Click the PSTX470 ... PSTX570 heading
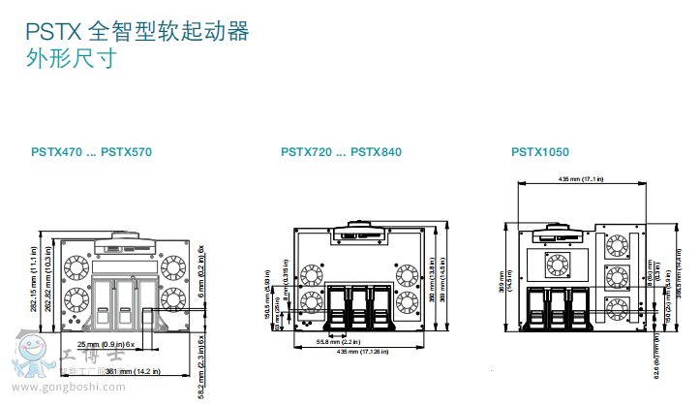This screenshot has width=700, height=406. (91, 152)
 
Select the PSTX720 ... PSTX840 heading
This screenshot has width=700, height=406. (341, 152)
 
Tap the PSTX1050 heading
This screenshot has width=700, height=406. (540, 152)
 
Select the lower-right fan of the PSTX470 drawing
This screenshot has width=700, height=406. (174, 296)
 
